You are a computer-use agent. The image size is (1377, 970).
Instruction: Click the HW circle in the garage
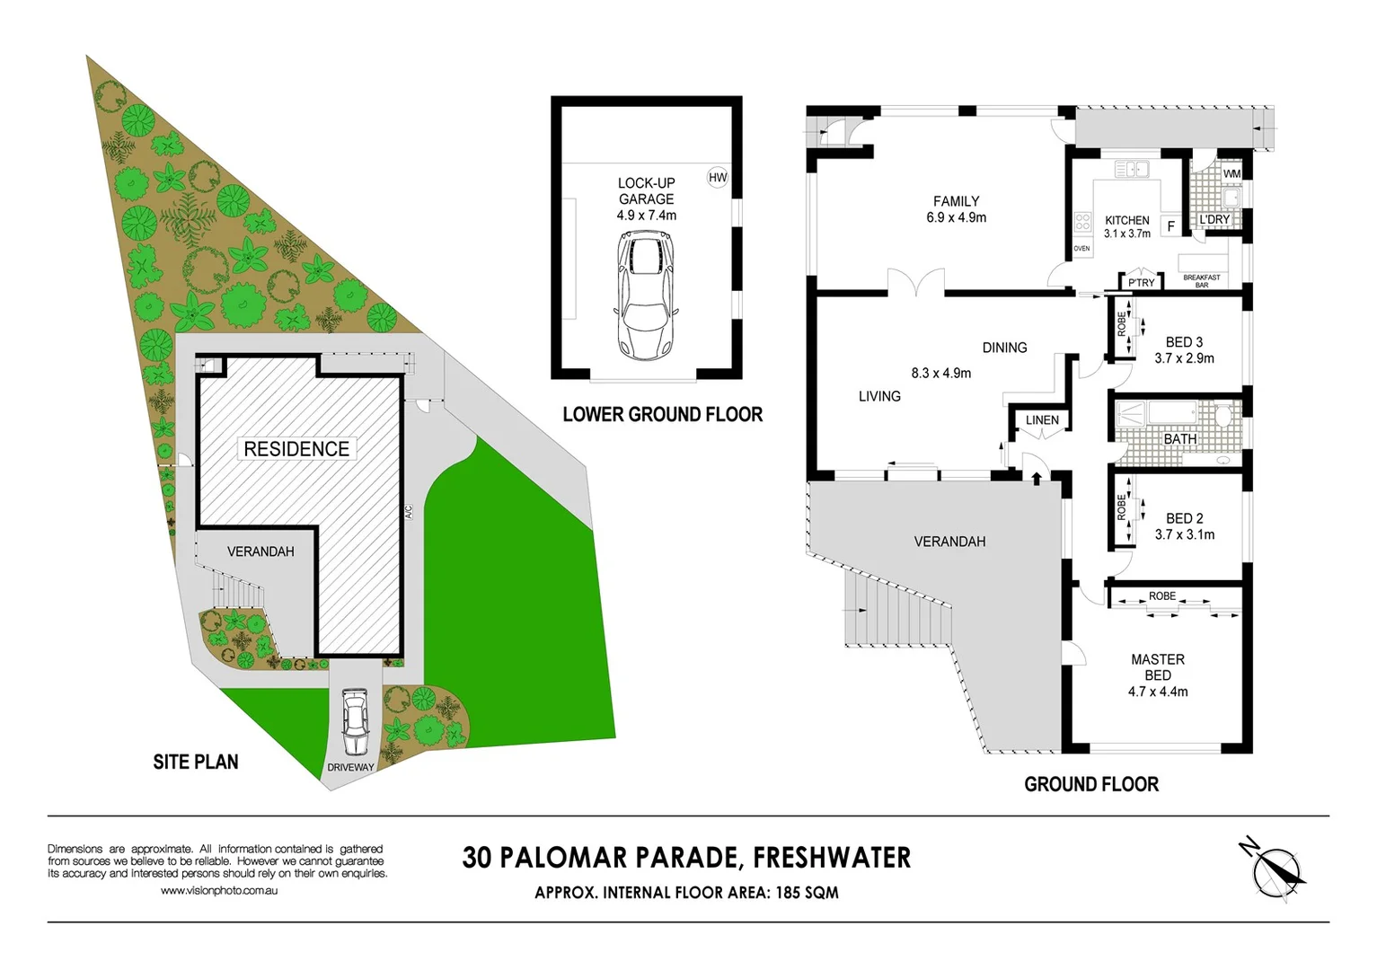(x=718, y=177)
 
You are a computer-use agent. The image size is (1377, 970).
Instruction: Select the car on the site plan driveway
(x=356, y=722)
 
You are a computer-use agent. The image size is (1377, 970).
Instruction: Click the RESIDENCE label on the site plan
(x=296, y=449)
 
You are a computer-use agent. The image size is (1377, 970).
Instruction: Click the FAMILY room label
(x=956, y=201)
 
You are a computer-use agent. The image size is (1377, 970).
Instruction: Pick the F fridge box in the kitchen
(x=1170, y=226)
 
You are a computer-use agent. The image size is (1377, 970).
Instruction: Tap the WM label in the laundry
(x=1231, y=173)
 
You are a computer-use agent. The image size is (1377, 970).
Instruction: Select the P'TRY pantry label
(x=1141, y=283)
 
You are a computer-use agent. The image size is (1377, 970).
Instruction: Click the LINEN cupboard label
(x=1042, y=419)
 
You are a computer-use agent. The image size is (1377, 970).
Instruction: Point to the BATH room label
(x=1179, y=439)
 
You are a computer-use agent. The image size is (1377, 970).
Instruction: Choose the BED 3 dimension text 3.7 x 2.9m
(x=1184, y=358)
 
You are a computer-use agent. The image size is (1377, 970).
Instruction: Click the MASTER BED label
(x=1158, y=666)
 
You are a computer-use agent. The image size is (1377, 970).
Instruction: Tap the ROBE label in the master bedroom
(x=1161, y=596)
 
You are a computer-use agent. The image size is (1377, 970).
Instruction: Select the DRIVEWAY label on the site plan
(x=350, y=767)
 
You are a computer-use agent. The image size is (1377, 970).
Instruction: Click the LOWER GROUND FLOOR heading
(x=662, y=415)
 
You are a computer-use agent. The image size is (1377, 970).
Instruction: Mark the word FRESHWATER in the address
(x=832, y=858)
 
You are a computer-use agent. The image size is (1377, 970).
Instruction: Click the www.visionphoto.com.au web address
(x=219, y=891)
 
